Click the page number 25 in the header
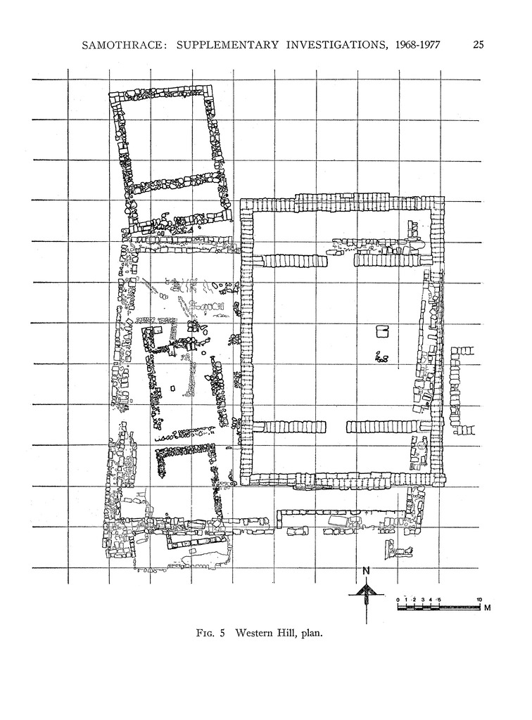point(479,46)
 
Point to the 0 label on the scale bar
point(398,599)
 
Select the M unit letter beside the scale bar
point(486,607)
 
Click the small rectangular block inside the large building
point(382,331)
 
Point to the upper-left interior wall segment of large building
point(291,261)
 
